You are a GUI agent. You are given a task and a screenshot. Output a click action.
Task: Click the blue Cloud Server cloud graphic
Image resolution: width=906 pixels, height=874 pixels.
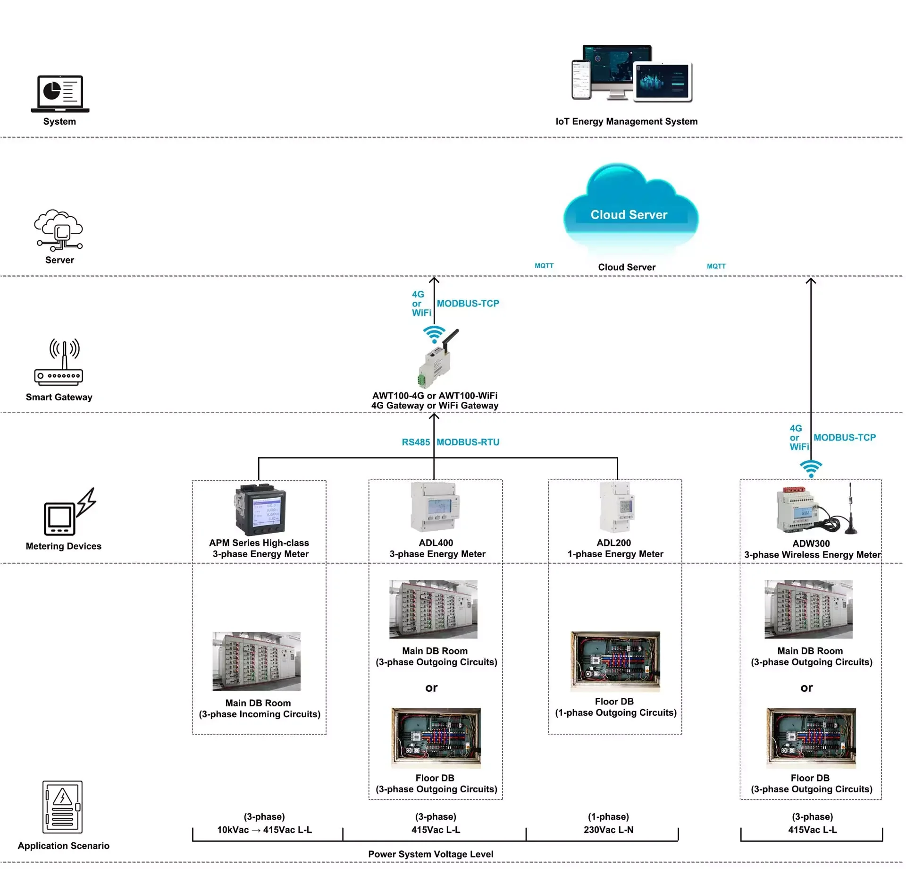(630, 208)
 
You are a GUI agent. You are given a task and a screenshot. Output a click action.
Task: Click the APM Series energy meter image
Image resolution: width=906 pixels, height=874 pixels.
(260, 509)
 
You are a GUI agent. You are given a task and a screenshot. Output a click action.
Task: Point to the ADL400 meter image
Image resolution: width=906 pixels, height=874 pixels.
(435, 507)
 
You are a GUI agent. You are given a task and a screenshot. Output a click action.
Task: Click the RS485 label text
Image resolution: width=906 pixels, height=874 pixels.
(416, 442)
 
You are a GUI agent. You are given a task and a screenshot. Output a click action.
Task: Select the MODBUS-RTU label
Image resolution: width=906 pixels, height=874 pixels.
(468, 442)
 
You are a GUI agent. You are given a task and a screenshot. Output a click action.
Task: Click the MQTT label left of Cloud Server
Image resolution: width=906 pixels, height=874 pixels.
(544, 266)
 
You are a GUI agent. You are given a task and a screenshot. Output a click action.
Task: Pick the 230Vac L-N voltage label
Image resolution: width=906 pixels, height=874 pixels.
(608, 830)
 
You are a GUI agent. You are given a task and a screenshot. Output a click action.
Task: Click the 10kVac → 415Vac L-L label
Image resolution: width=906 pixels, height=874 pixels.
(264, 830)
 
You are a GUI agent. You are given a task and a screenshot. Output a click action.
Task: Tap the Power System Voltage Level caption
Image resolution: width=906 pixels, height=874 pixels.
(430, 854)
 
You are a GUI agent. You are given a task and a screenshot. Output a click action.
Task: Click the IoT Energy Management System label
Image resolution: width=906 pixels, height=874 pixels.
(626, 121)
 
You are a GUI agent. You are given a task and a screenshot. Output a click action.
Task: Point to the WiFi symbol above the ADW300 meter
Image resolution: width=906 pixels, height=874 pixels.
(811, 468)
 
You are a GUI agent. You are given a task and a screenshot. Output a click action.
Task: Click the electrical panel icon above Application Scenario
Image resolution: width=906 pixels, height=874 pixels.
(63, 807)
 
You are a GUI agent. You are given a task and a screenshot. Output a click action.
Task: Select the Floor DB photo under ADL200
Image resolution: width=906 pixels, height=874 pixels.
(615, 662)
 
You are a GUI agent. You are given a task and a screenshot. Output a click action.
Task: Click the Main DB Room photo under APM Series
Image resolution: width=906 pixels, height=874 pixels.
(256, 661)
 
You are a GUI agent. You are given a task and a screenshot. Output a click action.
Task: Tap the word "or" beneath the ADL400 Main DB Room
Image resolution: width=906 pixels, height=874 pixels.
(431, 688)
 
